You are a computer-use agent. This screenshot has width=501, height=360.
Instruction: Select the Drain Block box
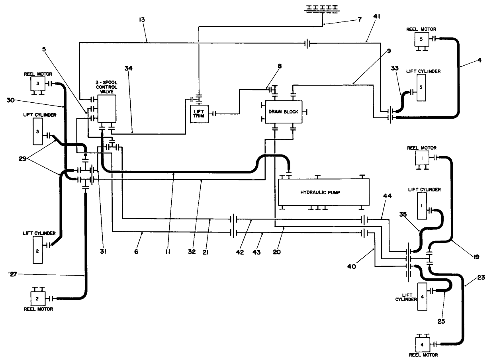(283, 112)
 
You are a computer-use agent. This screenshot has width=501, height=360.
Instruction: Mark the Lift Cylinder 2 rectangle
(37, 249)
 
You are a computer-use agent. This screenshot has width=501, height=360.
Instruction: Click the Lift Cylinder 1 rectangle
(422, 206)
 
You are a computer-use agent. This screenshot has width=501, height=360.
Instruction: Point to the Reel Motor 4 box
(421, 343)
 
